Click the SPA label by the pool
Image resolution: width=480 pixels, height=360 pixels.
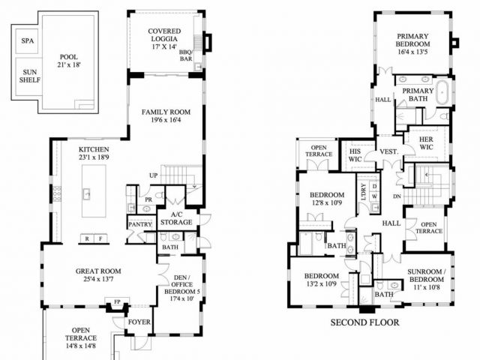pos(28,41)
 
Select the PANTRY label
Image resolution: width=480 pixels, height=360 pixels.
pos(140,224)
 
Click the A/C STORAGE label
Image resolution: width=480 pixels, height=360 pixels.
pos(176,217)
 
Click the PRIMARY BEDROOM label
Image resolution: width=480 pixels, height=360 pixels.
pos(412,44)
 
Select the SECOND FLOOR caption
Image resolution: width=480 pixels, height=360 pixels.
pos(364,322)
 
